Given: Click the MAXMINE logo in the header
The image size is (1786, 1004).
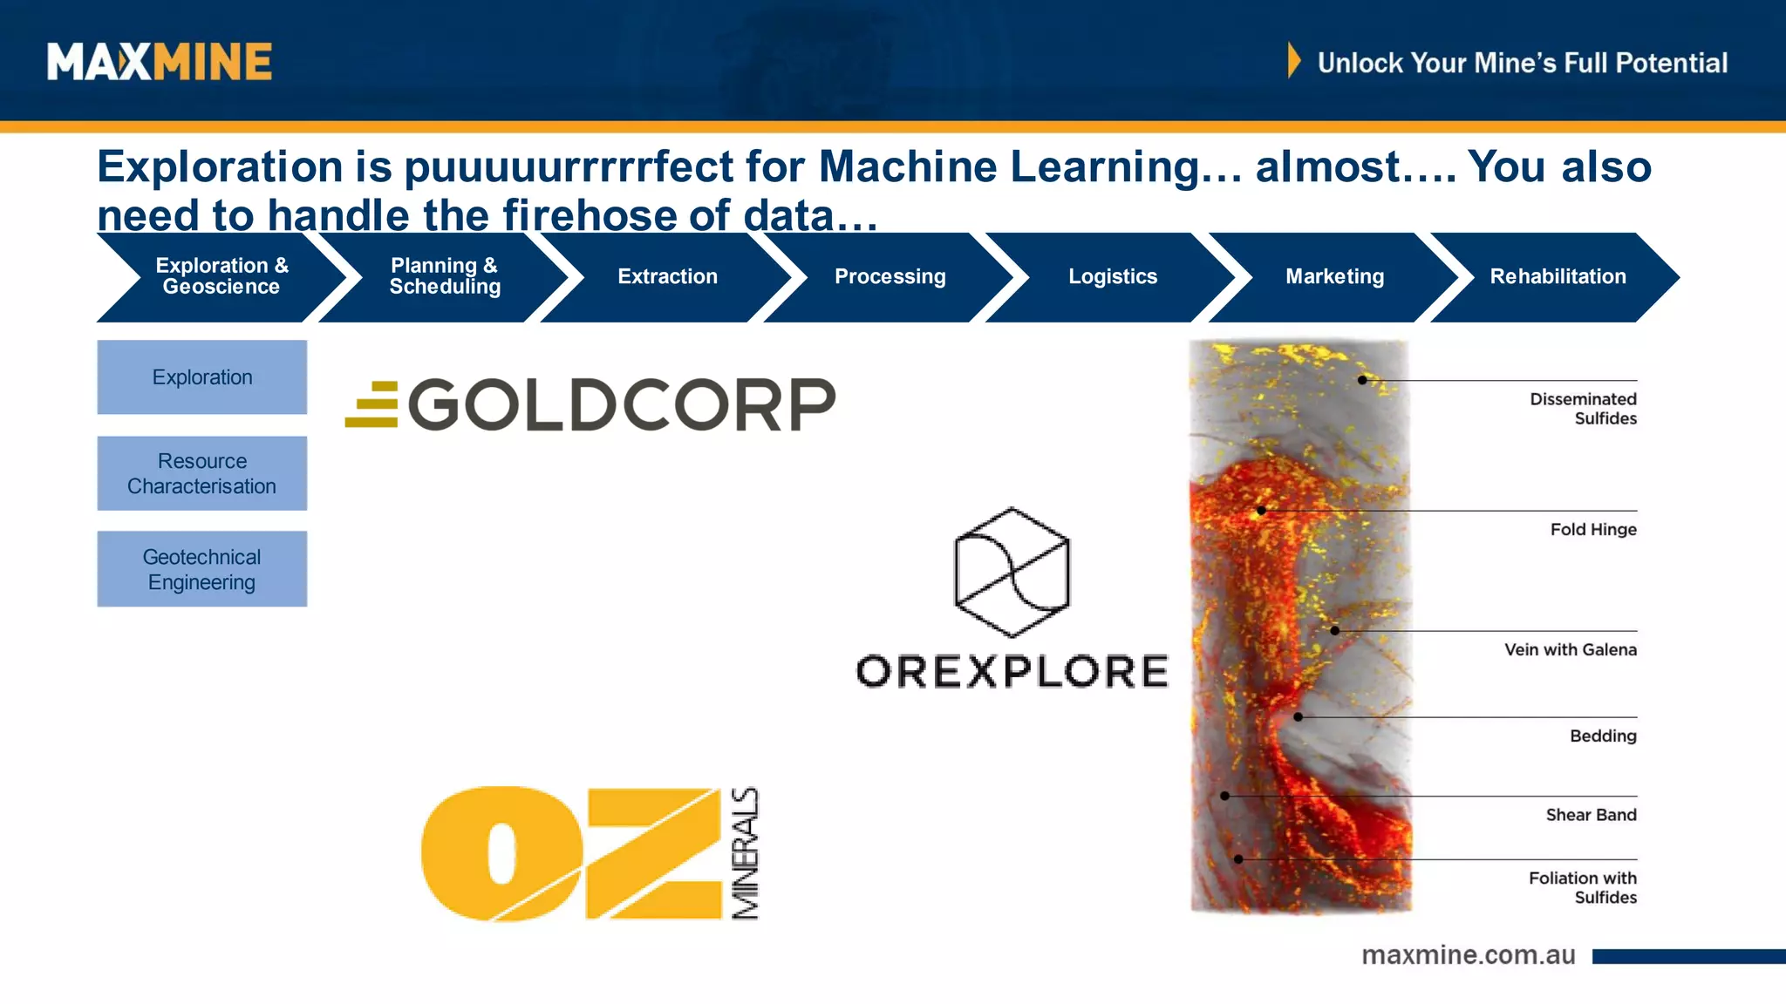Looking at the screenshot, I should pos(160,62).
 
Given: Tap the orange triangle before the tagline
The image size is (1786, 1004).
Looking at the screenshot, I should pos(1293,61).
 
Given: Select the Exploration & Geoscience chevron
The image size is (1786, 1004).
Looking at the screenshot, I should pos(222,276).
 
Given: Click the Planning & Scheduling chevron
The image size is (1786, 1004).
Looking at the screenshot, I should pos(445,276).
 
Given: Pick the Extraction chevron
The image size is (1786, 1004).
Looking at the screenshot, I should pos(667,276).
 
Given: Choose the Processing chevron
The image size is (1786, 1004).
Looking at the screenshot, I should pos(890,276).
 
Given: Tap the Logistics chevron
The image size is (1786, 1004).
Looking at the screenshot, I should pos(1113,276).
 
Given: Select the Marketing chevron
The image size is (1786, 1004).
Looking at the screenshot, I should pos(1334,276).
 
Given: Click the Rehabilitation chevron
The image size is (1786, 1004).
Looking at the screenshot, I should pos(1558,276).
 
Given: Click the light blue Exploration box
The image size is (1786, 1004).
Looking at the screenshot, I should pos(202,377).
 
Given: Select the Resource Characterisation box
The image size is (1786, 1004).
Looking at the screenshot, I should pos(202,473).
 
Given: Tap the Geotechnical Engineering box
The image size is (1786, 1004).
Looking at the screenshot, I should pos(202,569).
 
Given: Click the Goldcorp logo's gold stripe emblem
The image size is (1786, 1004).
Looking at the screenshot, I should pos(372,405).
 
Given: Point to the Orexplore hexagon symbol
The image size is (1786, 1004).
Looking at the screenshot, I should pos(1012,572).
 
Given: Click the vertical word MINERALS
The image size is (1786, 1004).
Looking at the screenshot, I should pos(746,853).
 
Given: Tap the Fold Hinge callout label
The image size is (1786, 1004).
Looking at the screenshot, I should pos(1592,529).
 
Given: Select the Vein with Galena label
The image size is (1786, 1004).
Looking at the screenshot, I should pos(1570,649).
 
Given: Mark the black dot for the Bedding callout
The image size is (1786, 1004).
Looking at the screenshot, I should pos(1298,717).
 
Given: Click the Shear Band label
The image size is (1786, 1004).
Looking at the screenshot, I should pos(1591,815).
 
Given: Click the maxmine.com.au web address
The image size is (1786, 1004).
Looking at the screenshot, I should pos(1469,955).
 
